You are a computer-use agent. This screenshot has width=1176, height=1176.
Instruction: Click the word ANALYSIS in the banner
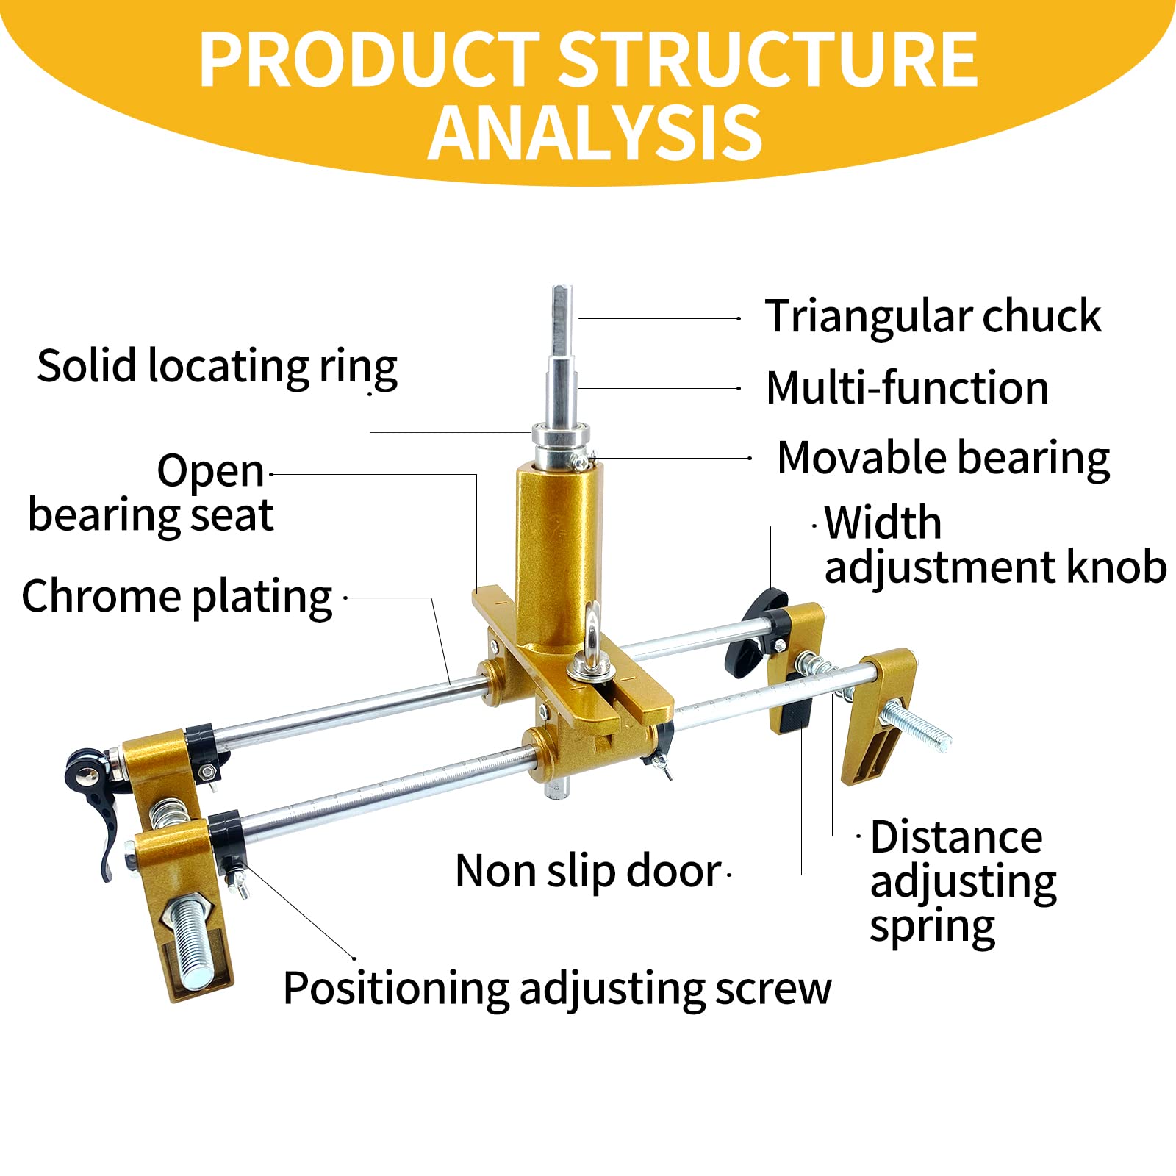click(x=595, y=133)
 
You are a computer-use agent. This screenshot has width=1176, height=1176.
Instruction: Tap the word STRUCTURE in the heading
click(x=767, y=60)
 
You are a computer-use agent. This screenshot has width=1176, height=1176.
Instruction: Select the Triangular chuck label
click(x=932, y=317)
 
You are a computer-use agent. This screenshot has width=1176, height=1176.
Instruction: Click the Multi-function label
click(x=907, y=388)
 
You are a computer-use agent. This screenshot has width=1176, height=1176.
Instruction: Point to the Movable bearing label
click(x=943, y=459)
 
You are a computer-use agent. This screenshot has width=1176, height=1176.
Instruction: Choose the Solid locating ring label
click(x=217, y=366)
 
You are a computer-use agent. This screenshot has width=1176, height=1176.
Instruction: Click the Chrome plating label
click(x=177, y=596)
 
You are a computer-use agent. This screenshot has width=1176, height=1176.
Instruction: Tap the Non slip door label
click(x=588, y=872)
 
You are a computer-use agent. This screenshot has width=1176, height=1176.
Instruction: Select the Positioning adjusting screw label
click(x=556, y=989)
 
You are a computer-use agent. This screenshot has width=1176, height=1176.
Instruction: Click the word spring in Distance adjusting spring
click(x=931, y=927)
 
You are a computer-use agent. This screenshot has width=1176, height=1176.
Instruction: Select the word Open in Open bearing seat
click(x=210, y=471)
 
